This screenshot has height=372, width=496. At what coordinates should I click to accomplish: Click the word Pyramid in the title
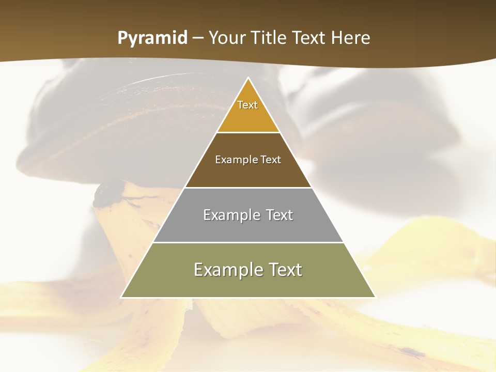152,38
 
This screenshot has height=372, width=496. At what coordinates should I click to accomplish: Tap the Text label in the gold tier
247,105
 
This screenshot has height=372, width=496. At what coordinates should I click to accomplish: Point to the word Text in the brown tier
271,160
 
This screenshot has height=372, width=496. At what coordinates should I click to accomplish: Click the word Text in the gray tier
280,215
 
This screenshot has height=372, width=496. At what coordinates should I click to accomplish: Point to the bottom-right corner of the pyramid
375,297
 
